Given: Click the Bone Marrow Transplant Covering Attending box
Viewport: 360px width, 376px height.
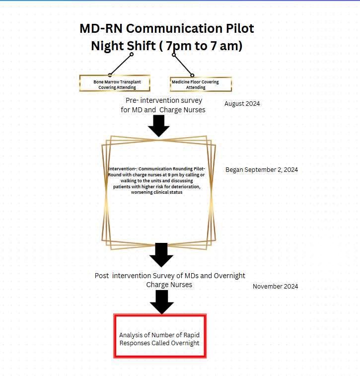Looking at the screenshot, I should click(115, 84).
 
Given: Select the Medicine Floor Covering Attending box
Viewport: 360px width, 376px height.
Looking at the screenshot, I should click(201, 84).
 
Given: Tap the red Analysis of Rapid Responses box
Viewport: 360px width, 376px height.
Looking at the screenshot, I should click(159, 336).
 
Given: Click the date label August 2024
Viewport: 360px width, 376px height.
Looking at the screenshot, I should click(242, 104).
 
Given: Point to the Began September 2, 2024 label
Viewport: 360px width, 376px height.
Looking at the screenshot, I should click(262, 169).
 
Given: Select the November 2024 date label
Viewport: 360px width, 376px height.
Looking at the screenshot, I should click(275, 287).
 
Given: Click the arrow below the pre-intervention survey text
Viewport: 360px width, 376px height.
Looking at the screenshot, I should click(159, 126).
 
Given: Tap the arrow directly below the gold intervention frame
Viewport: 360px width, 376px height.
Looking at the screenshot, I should click(161, 255).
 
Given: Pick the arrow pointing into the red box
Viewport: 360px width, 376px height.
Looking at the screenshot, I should click(161, 301).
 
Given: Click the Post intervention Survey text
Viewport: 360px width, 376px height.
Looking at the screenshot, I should click(170, 276).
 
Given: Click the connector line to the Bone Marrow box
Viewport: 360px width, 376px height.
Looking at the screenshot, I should click(120, 64).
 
